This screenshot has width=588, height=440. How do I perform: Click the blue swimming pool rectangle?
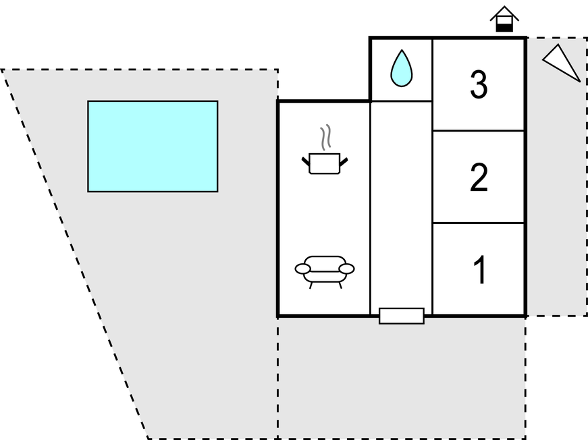click(153, 146)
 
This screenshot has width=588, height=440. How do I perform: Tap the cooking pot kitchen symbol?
click(324, 163)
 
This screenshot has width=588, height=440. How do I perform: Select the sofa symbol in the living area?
click(324, 269)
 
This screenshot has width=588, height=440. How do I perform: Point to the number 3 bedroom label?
click(479, 86)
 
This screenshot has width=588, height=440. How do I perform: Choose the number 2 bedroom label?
click(479, 178)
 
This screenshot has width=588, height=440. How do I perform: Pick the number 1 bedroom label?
click(479, 270)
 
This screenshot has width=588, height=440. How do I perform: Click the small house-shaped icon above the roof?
click(504, 19)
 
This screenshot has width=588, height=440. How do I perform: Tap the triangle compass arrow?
click(563, 63)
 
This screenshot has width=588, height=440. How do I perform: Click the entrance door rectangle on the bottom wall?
click(402, 316)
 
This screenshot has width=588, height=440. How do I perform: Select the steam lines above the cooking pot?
click(326, 137)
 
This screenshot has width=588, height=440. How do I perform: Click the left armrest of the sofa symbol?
click(303, 269)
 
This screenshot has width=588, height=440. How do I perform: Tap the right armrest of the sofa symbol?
click(346, 269)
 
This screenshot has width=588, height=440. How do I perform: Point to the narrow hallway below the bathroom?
click(401, 202)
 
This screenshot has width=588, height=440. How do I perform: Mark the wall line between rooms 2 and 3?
click(479, 130)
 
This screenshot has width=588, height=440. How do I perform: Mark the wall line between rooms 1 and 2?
click(479, 223)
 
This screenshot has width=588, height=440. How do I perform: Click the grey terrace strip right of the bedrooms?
click(556, 202)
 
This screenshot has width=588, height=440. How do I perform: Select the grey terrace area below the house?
click(401, 378)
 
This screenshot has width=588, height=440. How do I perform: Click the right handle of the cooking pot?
click(344, 161)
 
